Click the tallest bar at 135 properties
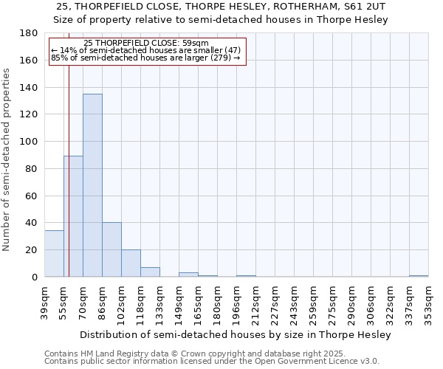tap(92, 185)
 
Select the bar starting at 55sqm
tap(73, 216)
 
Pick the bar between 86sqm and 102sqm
tap(111, 249)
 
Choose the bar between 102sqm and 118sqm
tap(131, 263)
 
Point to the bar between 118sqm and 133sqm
tap(150, 272)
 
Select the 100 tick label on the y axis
tap(29, 142)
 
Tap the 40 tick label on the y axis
tap(32, 223)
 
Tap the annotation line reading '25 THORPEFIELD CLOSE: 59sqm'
tap(146, 43)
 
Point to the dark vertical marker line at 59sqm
tap(69, 184)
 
